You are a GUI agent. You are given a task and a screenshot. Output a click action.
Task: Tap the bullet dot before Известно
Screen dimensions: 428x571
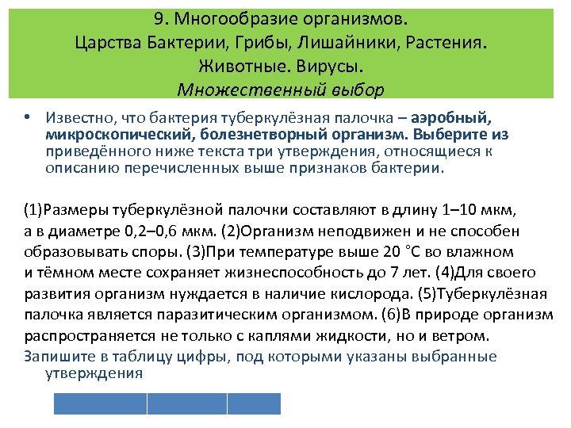pyautogui.click(x=27, y=117)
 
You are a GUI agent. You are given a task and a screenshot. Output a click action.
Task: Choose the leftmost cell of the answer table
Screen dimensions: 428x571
pyautogui.click(x=100, y=404)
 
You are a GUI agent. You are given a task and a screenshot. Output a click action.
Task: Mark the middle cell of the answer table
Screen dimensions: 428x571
pyautogui.click(x=187, y=404)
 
